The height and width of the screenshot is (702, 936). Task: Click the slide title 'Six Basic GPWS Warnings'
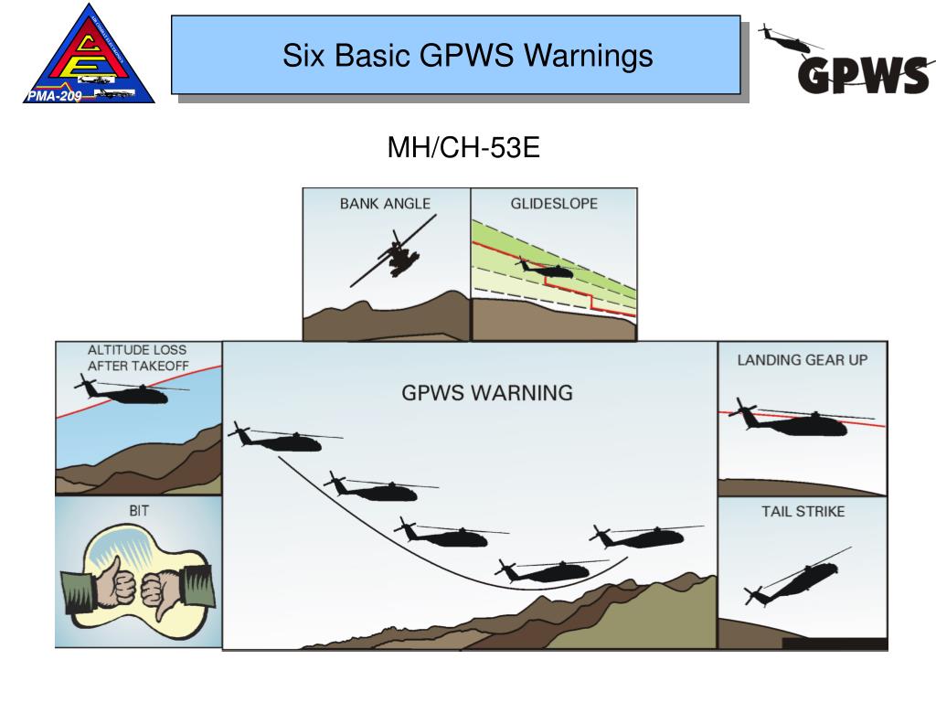pyautogui.click(x=467, y=57)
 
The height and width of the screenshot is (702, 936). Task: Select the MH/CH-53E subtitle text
pyautogui.click(x=463, y=148)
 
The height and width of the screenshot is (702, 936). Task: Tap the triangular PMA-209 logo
pyautogui.click(x=87, y=55)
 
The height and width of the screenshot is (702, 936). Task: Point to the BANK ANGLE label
pyautogui.click(x=385, y=204)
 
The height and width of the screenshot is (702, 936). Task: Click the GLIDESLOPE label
pyautogui.click(x=554, y=204)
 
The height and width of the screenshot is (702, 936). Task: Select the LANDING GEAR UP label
pyautogui.click(x=803, y=360)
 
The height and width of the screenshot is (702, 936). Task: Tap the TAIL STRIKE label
pyautogui.click(x=803, y=512)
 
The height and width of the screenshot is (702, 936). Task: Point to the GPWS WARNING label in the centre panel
pyautogui.click(x=487, y=393)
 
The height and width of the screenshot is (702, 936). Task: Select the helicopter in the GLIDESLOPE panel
pyautogui.click(x=546, y=270)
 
